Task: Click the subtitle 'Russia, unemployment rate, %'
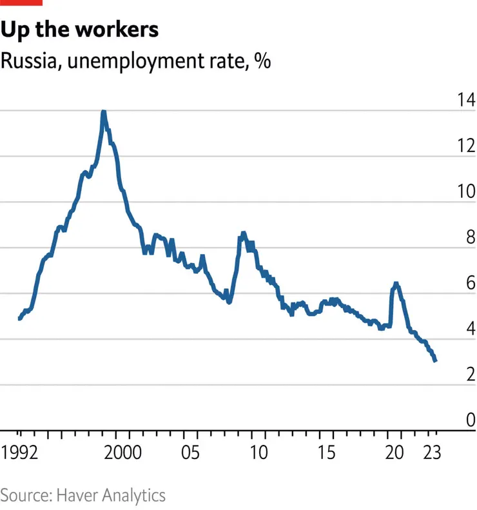tap(135, 62)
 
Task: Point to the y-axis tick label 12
tap(464, 146)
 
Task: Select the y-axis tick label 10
tap(464, 191)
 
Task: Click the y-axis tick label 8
tap(468, 237)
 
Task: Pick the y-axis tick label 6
tap(468, 283)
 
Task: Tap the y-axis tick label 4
tap(468, 329)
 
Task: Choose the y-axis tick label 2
tap(468, 375)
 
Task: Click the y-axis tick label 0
tap(468, 420)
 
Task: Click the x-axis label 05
tap(190, 451)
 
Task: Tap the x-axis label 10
tap(259, 451)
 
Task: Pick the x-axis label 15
tap(328, 451)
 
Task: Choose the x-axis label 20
tap(396, 451)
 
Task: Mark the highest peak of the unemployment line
tap(103, 112)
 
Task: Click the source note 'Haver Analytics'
tap(111, 495)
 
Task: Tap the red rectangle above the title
tap(21, 3)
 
